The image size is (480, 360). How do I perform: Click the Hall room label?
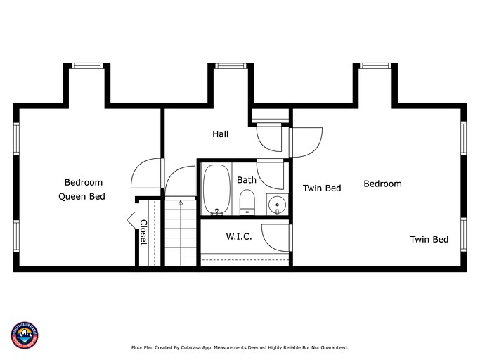click(x=221, y=134)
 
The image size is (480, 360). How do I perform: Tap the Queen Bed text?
click(x=82, y=197)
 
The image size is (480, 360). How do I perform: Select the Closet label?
click(x=143, y=232)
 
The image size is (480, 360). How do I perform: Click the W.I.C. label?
click(x=239, y=237)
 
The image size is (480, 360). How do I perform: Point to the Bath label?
click(x=247, y=180)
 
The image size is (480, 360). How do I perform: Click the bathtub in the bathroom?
click(x=217, y=189)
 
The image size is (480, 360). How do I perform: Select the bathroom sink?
click(x=278, y=205)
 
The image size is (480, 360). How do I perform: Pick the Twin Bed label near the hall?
click(x=322, y=188)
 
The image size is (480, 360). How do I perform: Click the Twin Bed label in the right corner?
click(x=429, y=240)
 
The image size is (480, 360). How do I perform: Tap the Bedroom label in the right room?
click(x=382, y=184)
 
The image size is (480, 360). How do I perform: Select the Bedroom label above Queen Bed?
click(x=84, y=182)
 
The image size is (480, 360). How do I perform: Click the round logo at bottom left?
click(x=25, y=335)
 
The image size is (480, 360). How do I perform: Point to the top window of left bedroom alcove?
click(x=87, y=66)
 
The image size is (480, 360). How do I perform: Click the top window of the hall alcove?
click(x=230, y=66)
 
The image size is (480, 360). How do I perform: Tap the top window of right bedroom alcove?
click(x=376, y=66)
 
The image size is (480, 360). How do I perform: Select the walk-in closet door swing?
click(x=275, y=236)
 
